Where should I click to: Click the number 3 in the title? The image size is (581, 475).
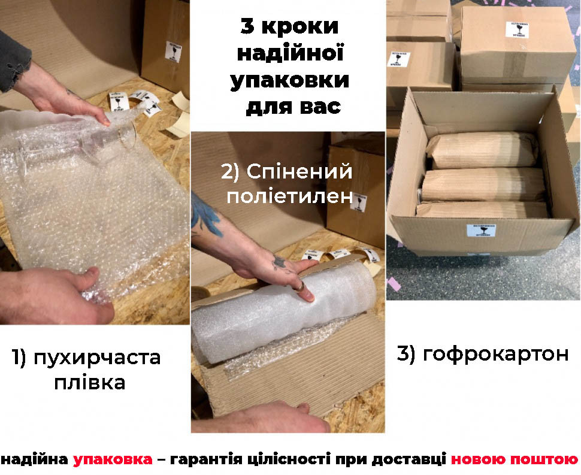(247, 27)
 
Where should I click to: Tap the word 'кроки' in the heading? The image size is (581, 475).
(303, 27)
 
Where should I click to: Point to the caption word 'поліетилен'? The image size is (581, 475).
(289, 196)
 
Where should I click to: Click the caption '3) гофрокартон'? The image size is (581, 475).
(482, 354)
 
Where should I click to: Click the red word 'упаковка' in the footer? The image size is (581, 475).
(113, 460)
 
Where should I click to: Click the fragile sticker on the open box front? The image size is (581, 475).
(479, 233)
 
